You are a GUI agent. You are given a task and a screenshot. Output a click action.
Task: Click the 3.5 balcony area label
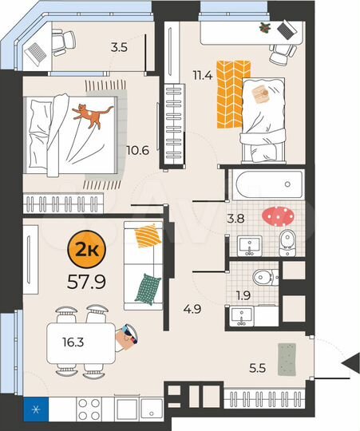[120, 47]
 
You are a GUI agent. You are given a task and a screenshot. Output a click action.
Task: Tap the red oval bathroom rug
[277, 215]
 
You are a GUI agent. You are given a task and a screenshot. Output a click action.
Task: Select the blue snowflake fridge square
[35, 409]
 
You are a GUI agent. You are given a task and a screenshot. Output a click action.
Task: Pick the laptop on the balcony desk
[37, 52]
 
